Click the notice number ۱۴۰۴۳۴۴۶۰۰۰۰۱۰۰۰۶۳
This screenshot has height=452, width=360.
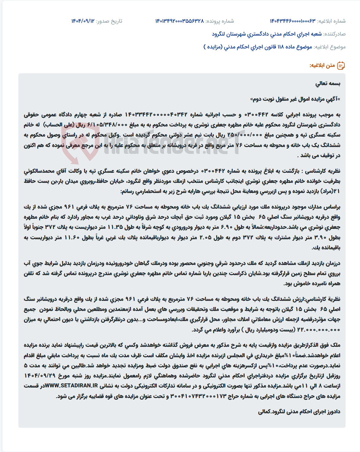click(x=293, y=21)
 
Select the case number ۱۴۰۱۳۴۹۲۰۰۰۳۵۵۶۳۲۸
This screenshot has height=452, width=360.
click(x=179, y=21)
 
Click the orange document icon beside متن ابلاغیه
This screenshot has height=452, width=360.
click(x=341, y=66)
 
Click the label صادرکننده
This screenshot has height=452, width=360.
click(x=335, y=34)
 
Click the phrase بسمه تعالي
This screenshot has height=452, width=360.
click(x=328, y=83)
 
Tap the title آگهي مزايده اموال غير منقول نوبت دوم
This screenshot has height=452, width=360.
click(x=295, y=99)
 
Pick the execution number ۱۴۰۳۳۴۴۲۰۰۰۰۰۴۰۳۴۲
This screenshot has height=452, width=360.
click(x=156, y=115)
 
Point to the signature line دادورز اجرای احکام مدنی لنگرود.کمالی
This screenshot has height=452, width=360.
click(x=299, y=412)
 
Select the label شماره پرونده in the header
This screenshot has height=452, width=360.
click(x=220, y=21)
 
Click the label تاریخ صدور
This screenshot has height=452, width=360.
click(x=109, y=21)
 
